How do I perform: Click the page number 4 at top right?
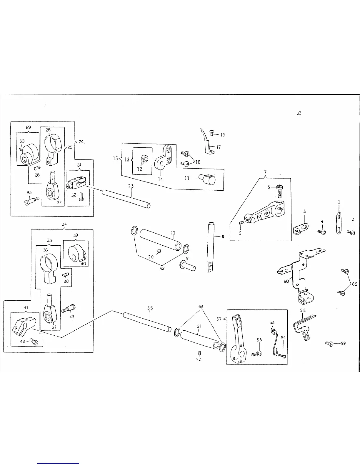pos(299,114)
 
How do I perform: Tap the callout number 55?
pos(150,308)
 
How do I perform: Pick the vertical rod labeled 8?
pos(211,247)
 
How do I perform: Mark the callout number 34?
pos(64,224)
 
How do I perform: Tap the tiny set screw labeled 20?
pos(159,251)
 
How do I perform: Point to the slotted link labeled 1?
pos(339,224)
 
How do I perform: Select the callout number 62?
pos(162,269)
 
